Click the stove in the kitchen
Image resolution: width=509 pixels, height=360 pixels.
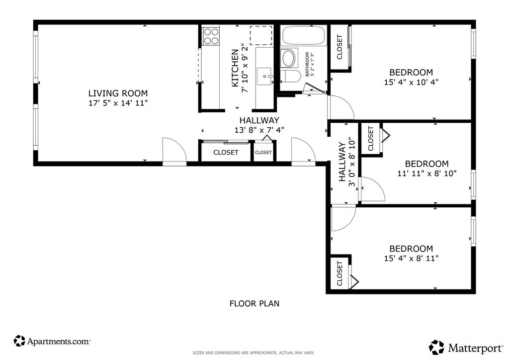click(211, 36)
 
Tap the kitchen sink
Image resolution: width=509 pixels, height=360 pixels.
click(264, 76)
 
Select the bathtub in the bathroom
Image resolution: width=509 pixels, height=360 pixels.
click(304, 35)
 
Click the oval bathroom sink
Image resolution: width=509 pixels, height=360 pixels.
click(289, 58)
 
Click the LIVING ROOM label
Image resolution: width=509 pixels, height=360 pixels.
click(118, 93)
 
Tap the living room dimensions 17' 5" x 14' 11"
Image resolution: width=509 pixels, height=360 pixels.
click(118, 103)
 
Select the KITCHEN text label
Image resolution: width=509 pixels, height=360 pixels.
click(235, 68)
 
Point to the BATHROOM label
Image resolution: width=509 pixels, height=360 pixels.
click(307, 64)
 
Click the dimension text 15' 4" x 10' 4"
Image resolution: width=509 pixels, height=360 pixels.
click(411, 82)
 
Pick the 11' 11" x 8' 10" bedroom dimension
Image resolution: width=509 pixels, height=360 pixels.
click(427, 174)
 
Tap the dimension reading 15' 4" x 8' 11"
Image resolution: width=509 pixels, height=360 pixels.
click(411, 259)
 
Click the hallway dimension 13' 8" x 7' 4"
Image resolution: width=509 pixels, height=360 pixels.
click(259, 130)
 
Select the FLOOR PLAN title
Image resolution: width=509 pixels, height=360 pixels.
click(254, 303)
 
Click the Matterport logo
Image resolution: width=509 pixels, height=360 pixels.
click(466, 348)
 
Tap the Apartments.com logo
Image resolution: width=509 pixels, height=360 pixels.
click(52, 341)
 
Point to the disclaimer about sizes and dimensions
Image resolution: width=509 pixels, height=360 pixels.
click(254, 353)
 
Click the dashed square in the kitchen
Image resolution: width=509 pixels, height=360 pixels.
click(261, 36)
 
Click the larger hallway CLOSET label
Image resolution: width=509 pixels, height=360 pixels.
click(226, 152)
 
